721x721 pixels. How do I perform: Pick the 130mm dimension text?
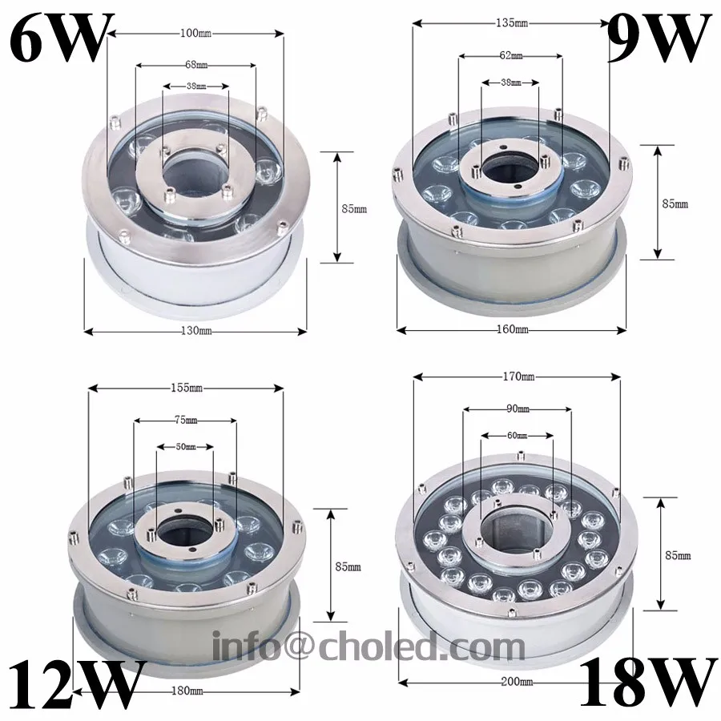[195, 331]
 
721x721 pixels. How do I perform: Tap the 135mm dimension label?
[513, 22]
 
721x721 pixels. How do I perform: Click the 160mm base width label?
[513, 329]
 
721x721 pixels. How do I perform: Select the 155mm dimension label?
[186, 388]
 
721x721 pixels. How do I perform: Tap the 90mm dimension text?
[518, 409]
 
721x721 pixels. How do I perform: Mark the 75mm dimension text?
[185, 419]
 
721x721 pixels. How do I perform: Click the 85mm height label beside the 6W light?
[353, 209]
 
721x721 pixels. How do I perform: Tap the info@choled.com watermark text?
[369, 646]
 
